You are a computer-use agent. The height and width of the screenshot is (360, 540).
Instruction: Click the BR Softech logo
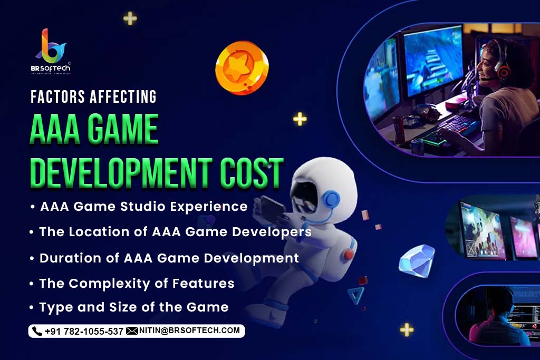[x=52, y=51]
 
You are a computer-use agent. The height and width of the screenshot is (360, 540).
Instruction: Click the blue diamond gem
[x=416, y=260]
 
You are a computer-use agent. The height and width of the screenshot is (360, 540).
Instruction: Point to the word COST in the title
[x=252, y=173]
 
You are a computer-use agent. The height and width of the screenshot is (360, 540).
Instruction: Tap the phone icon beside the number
[x=37, y=331]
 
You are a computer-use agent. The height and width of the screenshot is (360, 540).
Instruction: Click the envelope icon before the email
[x=132, y=330]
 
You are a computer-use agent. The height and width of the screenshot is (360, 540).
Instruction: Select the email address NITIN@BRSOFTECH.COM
[x=189, y=330]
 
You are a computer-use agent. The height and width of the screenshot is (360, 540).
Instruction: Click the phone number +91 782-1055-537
[x=84, y=332]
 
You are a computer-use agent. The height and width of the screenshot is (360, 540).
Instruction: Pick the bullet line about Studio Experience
[x=139, y=207]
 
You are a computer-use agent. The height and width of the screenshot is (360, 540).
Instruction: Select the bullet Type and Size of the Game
[x=130, y=307]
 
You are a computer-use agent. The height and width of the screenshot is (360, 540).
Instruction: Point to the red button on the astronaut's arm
[x=349, y=255]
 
